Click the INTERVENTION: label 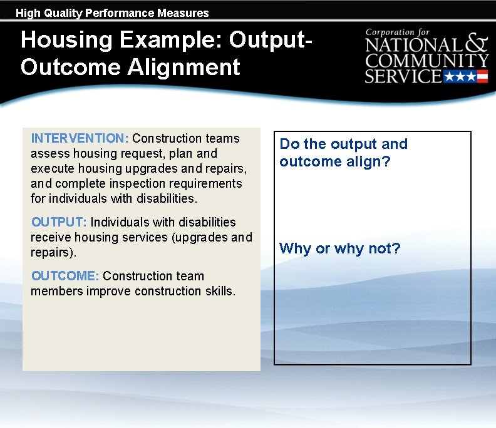coord(80,138)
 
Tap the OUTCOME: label coord(65,276)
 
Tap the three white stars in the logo coord(460,77)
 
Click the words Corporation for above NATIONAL coord(398,31)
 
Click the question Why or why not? coord(339,248)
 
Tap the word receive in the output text coord(51,237)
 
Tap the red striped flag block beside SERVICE coord(482,77)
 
